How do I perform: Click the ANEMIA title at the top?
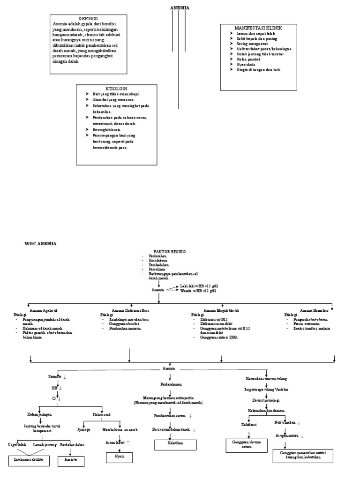coord(179,8)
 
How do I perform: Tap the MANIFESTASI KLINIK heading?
coord(258,28)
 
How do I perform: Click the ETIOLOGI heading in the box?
coord(116,88)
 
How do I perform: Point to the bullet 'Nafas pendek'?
coord(248,59)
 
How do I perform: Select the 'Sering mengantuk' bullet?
coord(252,44)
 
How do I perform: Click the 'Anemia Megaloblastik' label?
coord(221,310)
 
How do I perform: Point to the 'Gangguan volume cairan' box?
coord(243,444)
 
